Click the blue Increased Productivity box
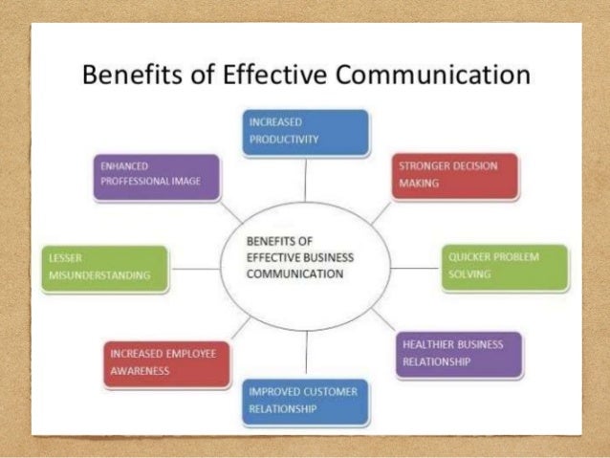tap(305, 133)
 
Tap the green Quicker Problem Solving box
tap(505, 267)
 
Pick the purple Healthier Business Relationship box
tap(457, 353)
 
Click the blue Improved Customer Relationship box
tap(305, 401)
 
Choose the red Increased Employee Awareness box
tap(165, 362)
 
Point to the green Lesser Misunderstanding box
tap(104, 268)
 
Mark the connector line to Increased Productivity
tap(305, 177)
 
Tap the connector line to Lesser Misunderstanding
tap(195, 269)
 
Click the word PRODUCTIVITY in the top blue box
tap(283, 140)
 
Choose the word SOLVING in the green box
tap(468, 274)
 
